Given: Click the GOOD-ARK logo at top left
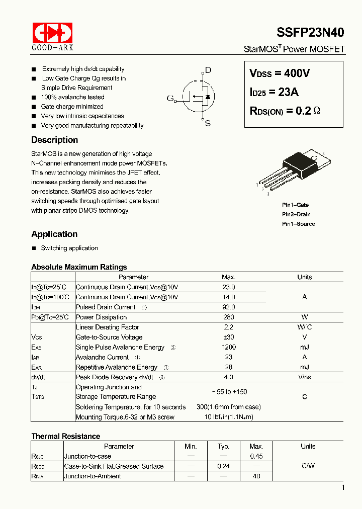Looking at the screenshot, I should pos(53,36).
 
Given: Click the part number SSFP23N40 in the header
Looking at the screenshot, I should pos(310,33).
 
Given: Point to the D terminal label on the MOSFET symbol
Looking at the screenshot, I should pos(208,70).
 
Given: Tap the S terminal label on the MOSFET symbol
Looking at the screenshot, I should pos(208,123).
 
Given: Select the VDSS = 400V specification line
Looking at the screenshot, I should pos(280,73).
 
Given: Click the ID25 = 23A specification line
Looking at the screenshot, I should pos(274,92).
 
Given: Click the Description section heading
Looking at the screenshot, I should pos(54,140).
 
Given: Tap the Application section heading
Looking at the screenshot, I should pos(54,234).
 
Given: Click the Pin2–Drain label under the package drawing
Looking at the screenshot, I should pos(296,214).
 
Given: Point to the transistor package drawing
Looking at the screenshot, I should pos(295,171).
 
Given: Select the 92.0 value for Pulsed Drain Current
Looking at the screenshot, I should pos(228,307).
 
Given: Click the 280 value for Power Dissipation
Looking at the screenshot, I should pos(228,317).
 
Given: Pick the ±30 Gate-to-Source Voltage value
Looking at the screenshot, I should pos(228,337).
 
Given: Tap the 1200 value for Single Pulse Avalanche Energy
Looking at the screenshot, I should pos(228,348).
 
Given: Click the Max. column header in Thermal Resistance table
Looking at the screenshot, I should pos(256,446).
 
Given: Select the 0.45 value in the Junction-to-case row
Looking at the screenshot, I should pos(256,456).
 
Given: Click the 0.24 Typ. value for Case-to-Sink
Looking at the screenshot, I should pos(224,466).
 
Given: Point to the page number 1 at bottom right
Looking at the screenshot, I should pos(343,487).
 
